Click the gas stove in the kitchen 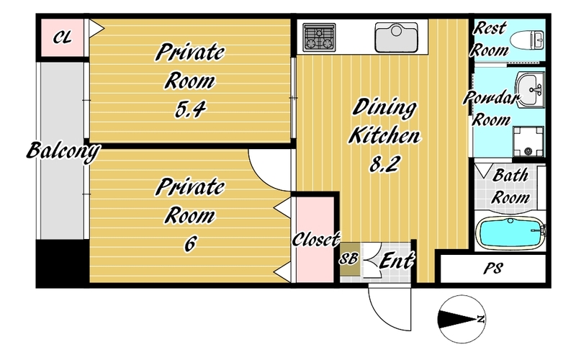(319, 37)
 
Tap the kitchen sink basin (396, 37)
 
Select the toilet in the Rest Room (527, 40)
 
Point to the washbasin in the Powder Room (530, 89)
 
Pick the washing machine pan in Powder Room (528, 141)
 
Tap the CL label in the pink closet (63, 37)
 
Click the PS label (492, 269)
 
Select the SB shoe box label (348, 258)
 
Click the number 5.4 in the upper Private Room (190, 109)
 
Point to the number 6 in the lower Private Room (190, 243)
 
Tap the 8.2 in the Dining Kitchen (384, 163)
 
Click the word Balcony (63, 151)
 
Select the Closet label (316, 240)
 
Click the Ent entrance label (397, 261)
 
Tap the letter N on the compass (480, 319)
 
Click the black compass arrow (457, 319)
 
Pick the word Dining (384, 108)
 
